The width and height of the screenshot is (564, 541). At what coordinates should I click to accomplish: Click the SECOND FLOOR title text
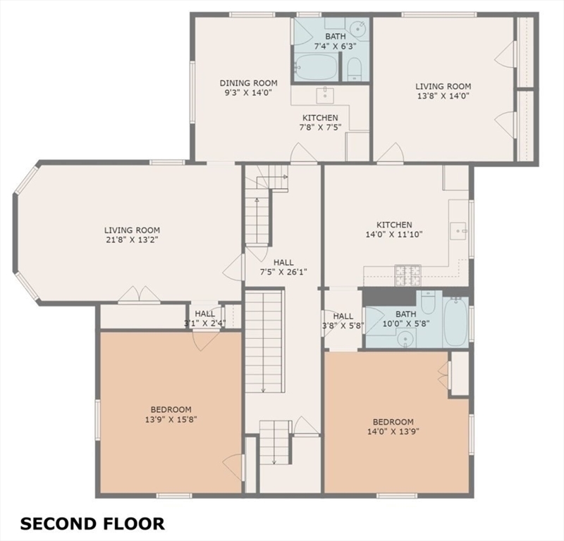pyautogui.click(x=92, y=524)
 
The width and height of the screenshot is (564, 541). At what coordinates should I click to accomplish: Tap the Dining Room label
pyautogui.click(x=249, y=83)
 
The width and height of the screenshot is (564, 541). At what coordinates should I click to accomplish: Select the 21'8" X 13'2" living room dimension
pyautogui.click(x=133, y=240)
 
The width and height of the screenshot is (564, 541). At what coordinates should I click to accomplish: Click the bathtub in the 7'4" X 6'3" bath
pyautogui.click(x=316, y=67)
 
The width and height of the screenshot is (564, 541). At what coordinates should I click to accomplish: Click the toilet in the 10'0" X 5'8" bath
pyautogui.click(x=428, y=302)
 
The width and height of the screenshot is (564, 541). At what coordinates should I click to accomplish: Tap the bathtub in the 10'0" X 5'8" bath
pyautogui.click(x=455, y=321)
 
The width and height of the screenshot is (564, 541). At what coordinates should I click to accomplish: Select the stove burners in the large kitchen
pyautogui.click(x=408, y=275)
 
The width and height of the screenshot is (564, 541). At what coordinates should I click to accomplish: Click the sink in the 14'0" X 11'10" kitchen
pyautogui.click(x=458, y=231)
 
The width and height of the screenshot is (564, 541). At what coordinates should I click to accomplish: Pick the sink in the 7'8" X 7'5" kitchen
pyautogui.click(x=325, y=96)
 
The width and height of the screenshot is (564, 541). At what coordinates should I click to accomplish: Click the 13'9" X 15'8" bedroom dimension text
pyautogui.click(x=171, y=419)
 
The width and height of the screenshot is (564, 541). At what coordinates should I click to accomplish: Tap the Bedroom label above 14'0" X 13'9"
pyautogui.click(x=393, y=422)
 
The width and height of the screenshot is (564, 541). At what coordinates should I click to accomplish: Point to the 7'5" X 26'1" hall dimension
pyautogui.click(x=283, y=272)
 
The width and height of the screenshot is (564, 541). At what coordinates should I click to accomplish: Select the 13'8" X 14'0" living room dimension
pyautogui.click(x=443, y=96)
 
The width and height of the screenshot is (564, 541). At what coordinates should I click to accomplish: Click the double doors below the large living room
pyautogui.click(x=139, y=294)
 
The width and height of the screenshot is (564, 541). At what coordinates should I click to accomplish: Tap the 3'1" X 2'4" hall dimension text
pyautogui.click(x=205, y=323)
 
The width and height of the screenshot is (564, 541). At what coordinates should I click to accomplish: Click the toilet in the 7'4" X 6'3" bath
pyautogui.click(x=355, y=68)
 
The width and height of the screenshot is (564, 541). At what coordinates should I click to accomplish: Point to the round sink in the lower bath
pyautogui.click(x=405, y=339)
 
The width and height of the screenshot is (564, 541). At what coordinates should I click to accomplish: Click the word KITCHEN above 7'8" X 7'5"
pyautogui.click(x=320, y=118)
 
